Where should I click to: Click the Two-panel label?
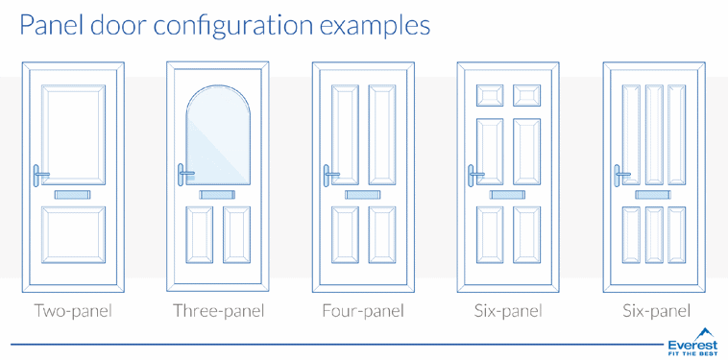[73, 310]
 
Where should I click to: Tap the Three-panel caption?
[219, 310]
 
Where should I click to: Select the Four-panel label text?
[363, 310]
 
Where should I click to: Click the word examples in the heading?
[376, 26]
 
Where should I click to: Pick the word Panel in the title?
[52, 26]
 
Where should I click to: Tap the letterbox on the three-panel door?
[218, 194]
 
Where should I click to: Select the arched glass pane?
[218, 135]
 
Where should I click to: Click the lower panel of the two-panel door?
[73, 235]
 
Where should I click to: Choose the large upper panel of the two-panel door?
[73, 134]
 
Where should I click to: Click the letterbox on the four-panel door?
[363, 194]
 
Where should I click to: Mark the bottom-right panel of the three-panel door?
[236, 235]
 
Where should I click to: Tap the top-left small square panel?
[490, 96]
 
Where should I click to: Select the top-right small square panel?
[526, 96]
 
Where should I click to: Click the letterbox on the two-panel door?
[73, 194]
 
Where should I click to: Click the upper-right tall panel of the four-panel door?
[382, 134]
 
